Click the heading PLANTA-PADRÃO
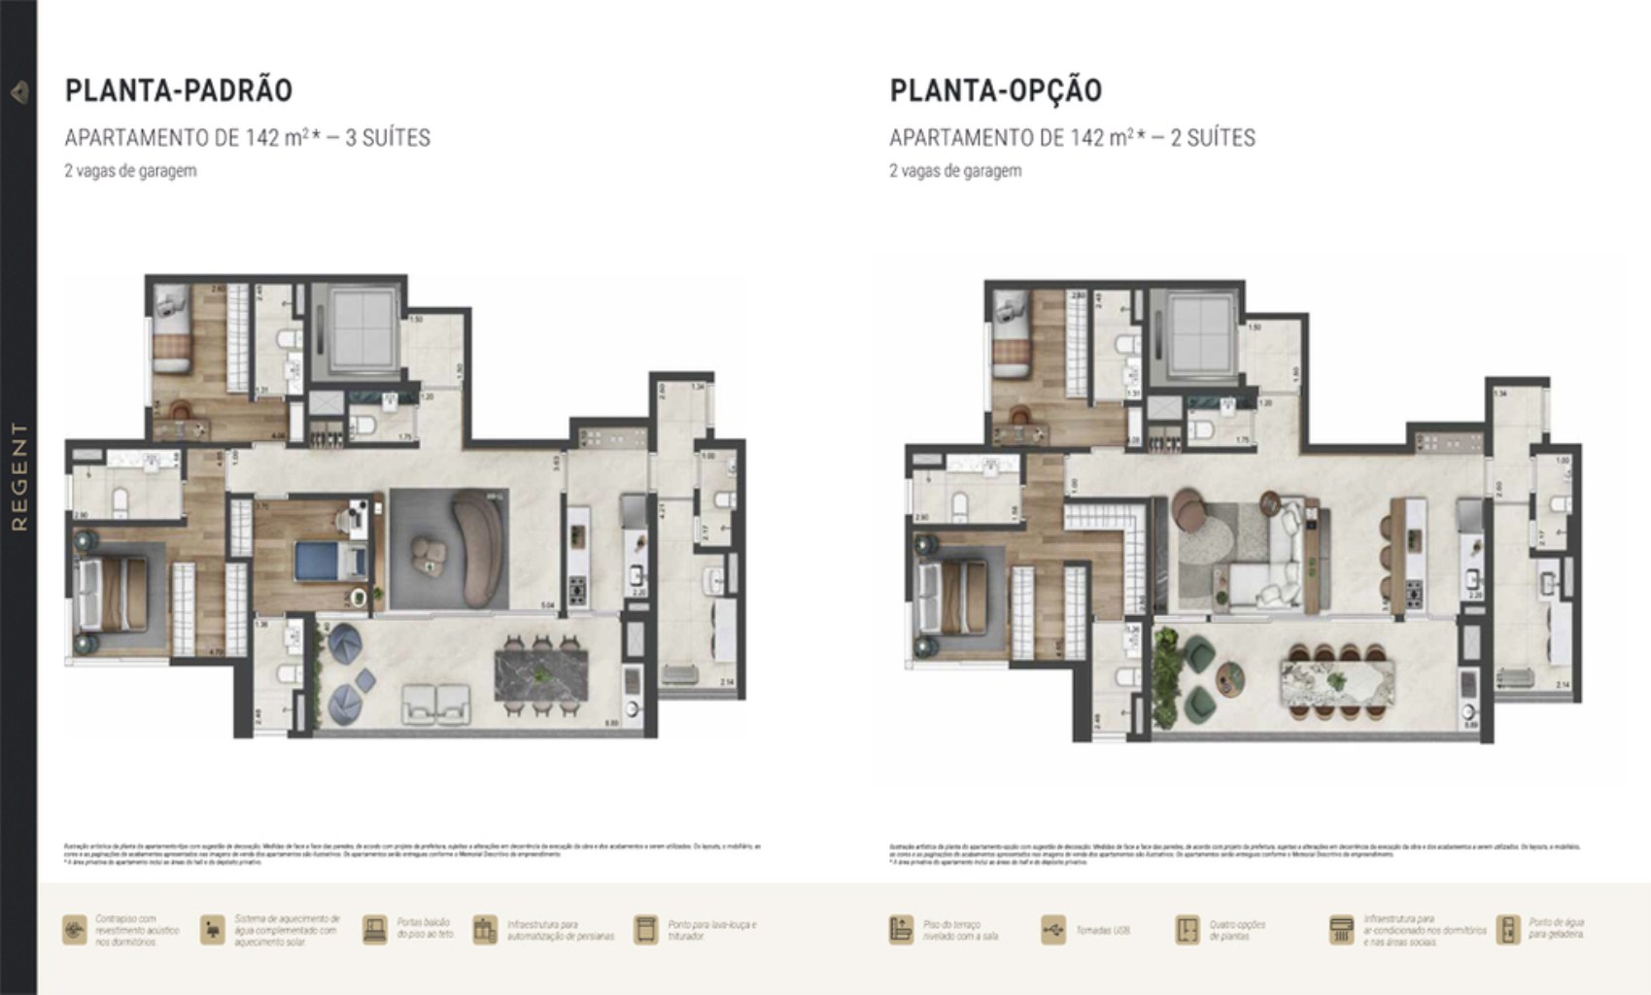click(179, 90)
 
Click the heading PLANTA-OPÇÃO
click(996, 90)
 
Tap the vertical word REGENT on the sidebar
click(19, 476)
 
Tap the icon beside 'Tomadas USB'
click(1052, 930)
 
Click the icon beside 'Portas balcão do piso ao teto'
click(374, 930)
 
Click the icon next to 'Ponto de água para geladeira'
click(1508, 930)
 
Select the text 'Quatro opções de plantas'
click(1236, 930)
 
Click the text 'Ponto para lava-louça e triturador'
click(711, 930)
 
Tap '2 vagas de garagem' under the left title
click(130, 171)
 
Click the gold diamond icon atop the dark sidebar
click(19, 92)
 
